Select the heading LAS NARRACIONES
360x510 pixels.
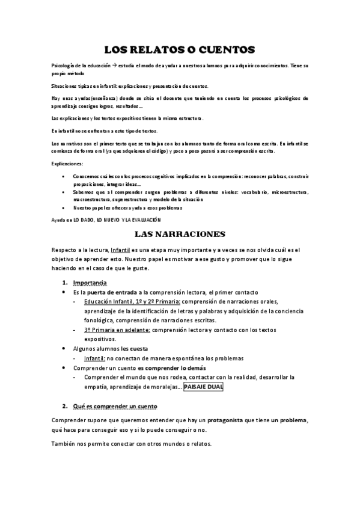(180, 233)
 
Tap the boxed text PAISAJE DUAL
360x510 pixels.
(203, 387)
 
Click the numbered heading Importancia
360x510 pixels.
(90, 282)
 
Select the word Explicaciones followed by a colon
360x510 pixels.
(67, 163)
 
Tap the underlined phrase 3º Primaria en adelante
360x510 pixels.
(117, 330)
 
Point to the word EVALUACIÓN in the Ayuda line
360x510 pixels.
(145, 220)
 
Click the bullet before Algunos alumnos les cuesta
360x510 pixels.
(65, 348)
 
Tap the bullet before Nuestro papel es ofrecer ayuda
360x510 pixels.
(65, 208)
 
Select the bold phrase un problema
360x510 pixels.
(290, 421)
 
